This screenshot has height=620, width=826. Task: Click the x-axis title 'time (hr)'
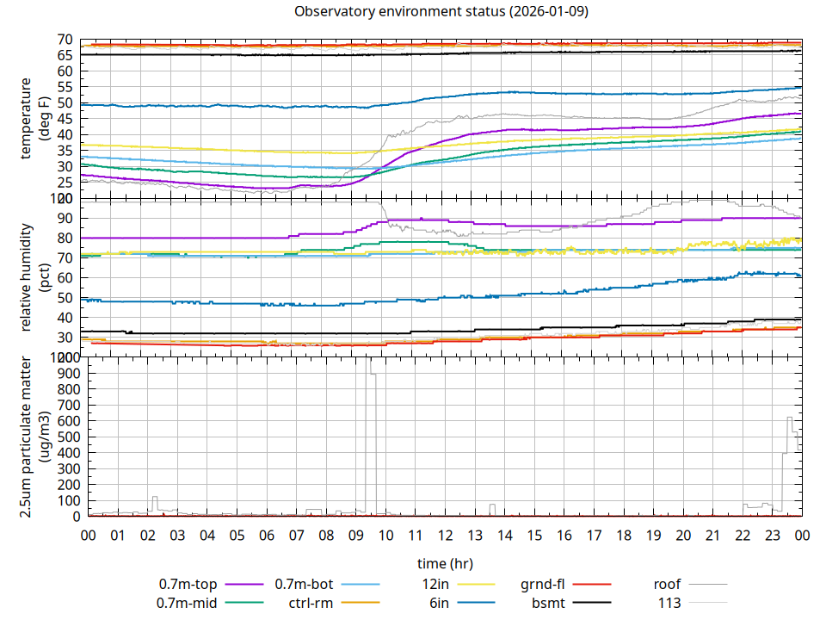tap(445, 564)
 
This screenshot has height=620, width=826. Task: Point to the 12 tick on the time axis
tap(445, 536)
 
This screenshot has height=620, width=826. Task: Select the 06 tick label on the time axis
tap(267, 536)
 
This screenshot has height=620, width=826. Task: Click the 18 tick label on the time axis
tap(624, 536)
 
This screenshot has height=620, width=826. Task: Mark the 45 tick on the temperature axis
tap(65, 119)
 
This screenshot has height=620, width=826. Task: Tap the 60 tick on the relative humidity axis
tap(65, 277)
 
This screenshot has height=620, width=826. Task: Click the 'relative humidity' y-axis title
tap(26, 277)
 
